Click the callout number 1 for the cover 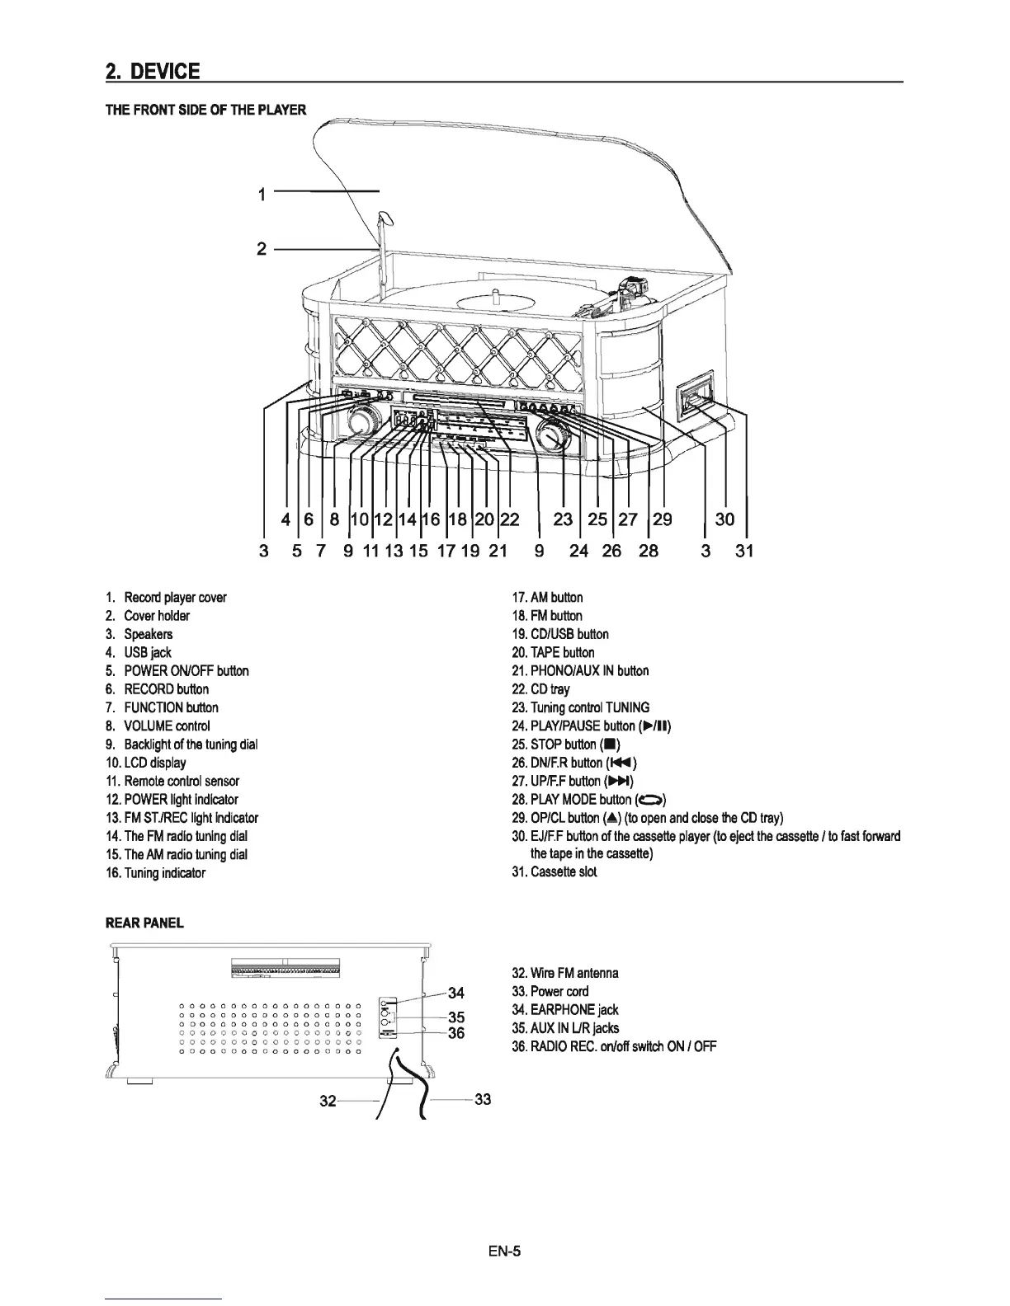point(262,195)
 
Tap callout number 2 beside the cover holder point(262,249)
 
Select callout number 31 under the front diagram point(744,550)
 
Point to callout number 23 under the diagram point(563,519)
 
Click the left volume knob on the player point(360,422)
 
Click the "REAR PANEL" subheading point(144,923)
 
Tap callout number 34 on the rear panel point(455,992)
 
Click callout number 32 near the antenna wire point(328,1101)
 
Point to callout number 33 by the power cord point(484,1099)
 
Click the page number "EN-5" point(504,1251)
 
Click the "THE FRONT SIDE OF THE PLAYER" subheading point(205,110)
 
